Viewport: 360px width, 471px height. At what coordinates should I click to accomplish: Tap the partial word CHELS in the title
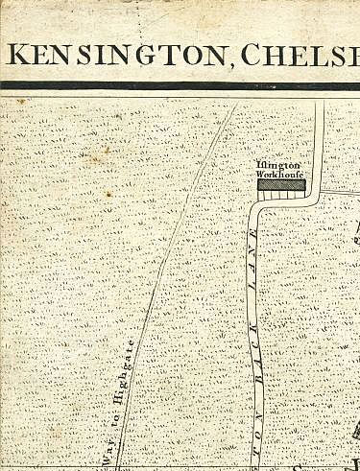pos(301,55)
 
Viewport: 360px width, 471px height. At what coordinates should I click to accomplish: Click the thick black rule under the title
pos(180,85)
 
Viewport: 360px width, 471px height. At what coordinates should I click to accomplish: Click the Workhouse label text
pos(280,176)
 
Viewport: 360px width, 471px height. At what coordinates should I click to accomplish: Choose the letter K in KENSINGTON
pos(17,55)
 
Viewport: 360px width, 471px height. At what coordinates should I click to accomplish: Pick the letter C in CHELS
pos(253,55)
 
